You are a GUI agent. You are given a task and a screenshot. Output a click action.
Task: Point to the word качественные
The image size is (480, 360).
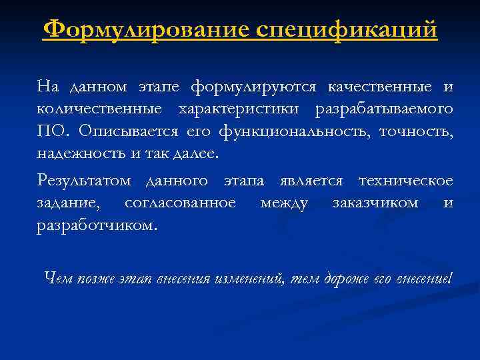coord(377,87)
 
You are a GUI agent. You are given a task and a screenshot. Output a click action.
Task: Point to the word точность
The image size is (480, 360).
coord(416,131)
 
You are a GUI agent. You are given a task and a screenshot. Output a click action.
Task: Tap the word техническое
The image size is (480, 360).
coord(406,181)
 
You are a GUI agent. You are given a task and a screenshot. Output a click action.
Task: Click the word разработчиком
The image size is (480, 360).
coord(97,225)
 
